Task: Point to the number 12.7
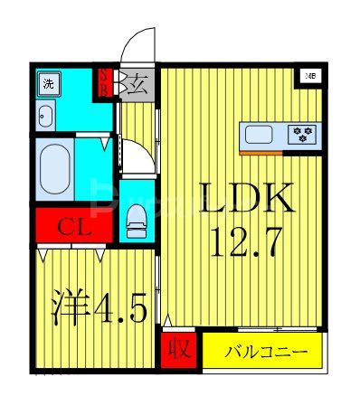[x=247, y=240]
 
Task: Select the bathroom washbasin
[x=46, y=115]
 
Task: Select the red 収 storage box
[x=179, y=350]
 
